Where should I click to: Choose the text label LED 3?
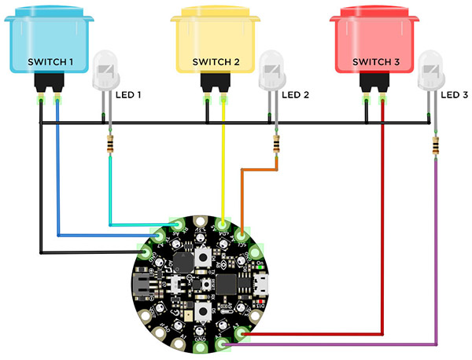click(455, 94)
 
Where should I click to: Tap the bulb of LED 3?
click(431, 72)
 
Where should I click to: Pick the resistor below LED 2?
click(276, 144)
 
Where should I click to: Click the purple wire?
click(435, 259)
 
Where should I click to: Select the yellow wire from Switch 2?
click(225, 165)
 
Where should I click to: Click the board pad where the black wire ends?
click(146, 252)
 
